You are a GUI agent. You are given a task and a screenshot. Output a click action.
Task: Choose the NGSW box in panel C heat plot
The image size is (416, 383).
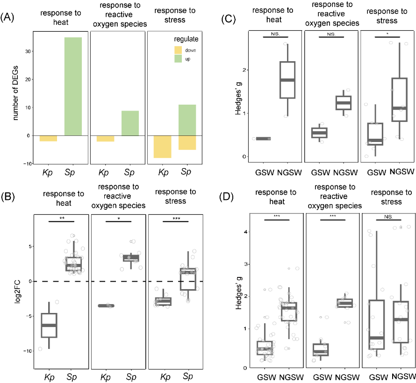click(281, 80)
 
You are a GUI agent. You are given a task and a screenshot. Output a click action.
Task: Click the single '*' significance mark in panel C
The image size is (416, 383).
click(387, 34)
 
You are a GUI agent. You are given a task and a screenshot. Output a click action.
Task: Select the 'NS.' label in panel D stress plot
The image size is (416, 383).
click(387, 217)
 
